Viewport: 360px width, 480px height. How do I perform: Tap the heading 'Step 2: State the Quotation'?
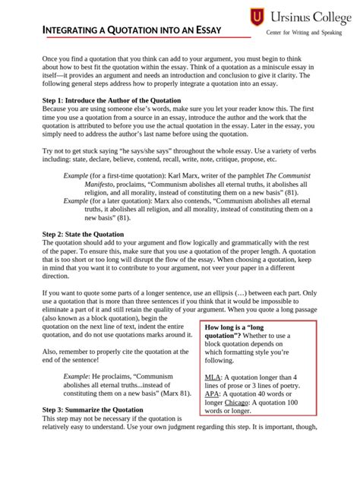(x=83, y=234)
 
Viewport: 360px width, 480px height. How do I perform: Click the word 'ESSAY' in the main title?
(x=204, y=30)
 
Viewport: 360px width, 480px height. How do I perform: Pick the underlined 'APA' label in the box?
(x=212, y=394)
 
